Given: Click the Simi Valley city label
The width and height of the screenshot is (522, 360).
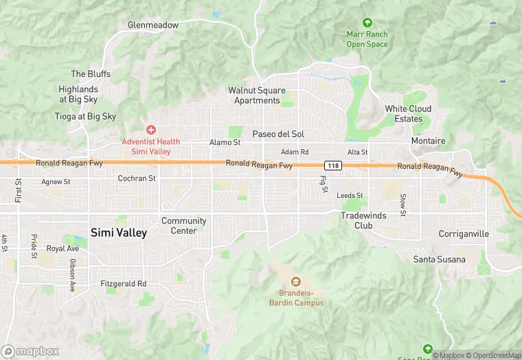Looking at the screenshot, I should tap(119, 233).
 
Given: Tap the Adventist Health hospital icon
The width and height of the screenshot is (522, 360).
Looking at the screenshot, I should tap(150, 130).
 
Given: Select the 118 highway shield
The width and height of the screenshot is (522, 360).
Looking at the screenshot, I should tap(333, 166).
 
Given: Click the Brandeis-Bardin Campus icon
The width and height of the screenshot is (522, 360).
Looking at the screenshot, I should tap(296, 281).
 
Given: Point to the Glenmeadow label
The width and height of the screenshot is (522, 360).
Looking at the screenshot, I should tap(153, 25).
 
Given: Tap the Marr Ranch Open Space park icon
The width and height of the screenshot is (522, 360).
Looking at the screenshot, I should tap(367, 23).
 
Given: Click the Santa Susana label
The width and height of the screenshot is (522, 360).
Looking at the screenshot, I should tap(439, 259).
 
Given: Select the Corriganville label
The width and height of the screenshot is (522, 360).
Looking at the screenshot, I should tap(464, 234).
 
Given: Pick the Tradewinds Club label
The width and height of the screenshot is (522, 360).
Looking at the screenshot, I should tap(363, 220).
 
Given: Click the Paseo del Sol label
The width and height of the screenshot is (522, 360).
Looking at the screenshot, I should tap(278, 134).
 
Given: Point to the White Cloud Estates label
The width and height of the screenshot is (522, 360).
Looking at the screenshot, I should tap(408, 113).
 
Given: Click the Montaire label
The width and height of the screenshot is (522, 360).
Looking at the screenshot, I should tap(428, 141).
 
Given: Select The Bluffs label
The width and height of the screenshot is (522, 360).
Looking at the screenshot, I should tap(86, 74).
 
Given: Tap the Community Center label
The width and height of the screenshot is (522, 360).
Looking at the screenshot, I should tap(183, 225).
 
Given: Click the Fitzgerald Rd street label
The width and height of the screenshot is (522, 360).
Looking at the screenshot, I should tap(124, 283).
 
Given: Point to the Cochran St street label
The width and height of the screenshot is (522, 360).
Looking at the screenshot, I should tap(137, 178).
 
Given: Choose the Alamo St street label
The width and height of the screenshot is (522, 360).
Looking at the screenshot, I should tap(225, 142).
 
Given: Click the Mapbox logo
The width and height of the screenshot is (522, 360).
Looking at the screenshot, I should tap(30, 351).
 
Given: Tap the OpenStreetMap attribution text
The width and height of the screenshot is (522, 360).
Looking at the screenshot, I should tap(495, 355).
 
